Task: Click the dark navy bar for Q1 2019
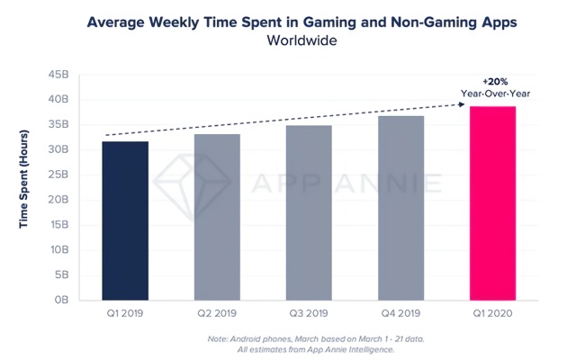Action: (125, 220)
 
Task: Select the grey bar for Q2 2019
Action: (217, 217)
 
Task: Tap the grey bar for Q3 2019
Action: (309, 212)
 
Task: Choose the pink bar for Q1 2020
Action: (493, 203)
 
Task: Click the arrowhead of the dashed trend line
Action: (464, 105)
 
